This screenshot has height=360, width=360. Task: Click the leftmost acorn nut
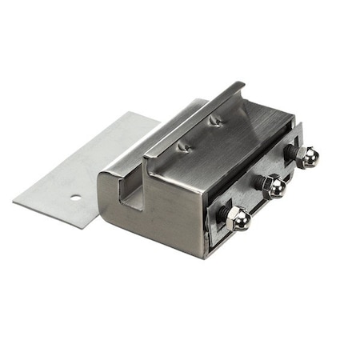[238, 218]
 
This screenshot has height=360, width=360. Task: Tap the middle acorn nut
[274, 187]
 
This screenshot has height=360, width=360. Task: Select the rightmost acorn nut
[306, 157]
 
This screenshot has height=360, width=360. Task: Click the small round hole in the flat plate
[74, 197]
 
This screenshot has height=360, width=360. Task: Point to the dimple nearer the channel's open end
[185, 146]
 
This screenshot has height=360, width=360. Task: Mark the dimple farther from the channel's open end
[214, 121]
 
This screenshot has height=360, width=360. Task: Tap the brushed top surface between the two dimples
[200, 134]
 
